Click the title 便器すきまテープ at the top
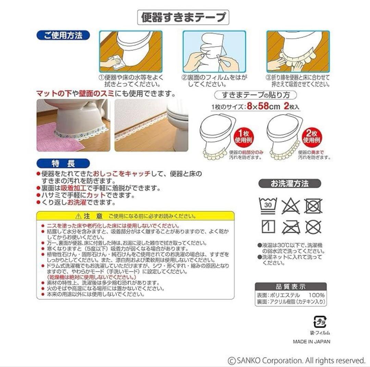tap(183, 17)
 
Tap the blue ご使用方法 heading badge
tap(63, 35)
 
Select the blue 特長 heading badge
tap(63, 164)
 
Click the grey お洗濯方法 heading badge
tap(290, 183)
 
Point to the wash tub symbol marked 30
tap(268, 205)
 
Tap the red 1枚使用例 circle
tap(243, 137)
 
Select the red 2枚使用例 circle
tap(312, 137)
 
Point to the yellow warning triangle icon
tap(78, 216)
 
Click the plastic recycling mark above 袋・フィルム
tap(320, 322)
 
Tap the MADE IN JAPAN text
tap(311, 342)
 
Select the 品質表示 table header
tap(291, 287)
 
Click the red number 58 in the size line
tap(263, 106)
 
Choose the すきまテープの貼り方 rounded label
tap(256, 95)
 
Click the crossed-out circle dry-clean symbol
tap(313, 227)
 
